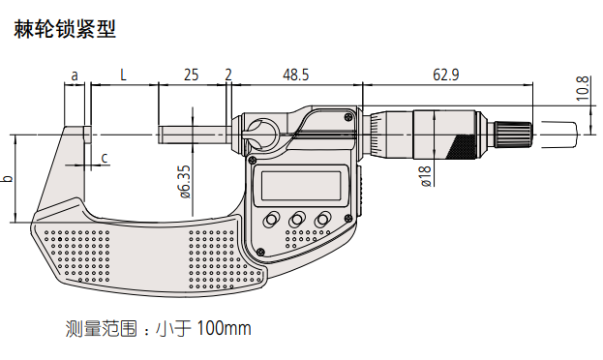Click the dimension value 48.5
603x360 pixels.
coord(296,75)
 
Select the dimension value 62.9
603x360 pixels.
coord(445,75)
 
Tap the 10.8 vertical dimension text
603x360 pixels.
coord(583,88)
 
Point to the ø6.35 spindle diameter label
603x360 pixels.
coord(185,182)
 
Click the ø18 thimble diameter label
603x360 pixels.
coord(426,176)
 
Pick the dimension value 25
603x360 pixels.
coord(191,75)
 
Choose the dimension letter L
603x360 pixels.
coord(123,75)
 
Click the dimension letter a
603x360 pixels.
coord(75,75)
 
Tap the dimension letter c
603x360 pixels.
coord(105,158)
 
